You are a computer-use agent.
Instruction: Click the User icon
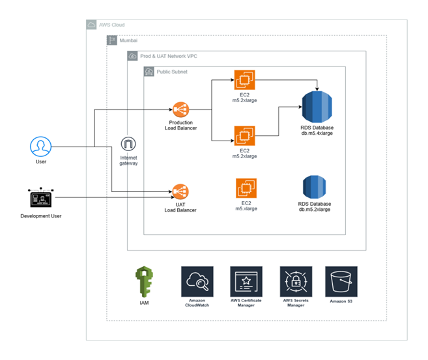point(40,146)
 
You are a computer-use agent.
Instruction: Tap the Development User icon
point(40,198)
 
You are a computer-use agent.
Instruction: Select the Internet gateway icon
point(128,145)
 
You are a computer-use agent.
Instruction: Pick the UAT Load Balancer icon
point(180,191)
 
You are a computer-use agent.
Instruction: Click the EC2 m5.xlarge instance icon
point(246,189)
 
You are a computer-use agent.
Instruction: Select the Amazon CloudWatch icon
point(197,281)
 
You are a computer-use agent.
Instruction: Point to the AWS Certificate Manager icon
point(246,281)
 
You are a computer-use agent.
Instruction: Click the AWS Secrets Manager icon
point(295,281)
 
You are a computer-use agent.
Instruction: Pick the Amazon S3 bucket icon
point(341,281)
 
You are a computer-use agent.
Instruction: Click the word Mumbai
point(128,40)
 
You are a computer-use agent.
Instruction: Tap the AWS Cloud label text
point(112,25)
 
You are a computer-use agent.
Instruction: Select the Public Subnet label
point(171,72)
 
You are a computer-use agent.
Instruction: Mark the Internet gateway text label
point(128,161)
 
